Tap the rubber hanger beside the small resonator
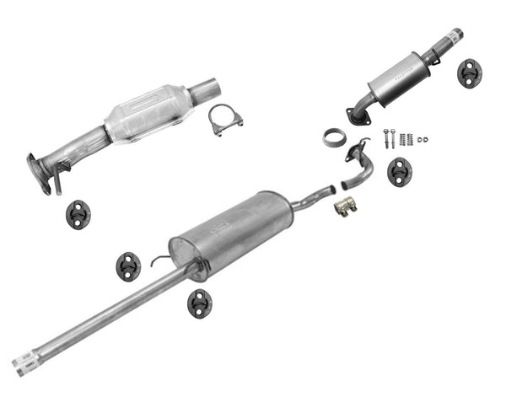(x=469, y=72)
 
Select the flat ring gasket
(x=334, y=137)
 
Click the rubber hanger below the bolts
(x=400, y=172)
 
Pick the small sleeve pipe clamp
(x=344, y=206)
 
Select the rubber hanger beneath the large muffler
(x=200, y=303)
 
